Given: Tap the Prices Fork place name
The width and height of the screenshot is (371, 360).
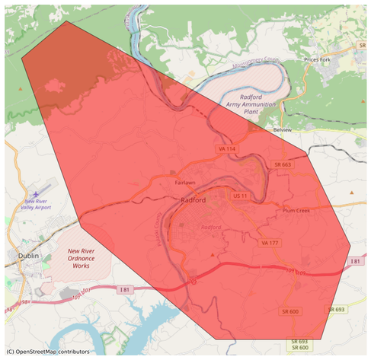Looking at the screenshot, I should pos(319,59).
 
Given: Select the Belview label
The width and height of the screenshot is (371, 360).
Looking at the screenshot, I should pos(283,130).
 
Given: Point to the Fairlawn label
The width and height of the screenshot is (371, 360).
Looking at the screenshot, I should pos(185,183).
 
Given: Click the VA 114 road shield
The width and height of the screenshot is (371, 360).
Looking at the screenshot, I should pos(225,148).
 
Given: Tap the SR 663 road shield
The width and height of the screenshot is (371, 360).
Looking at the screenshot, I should pos(281,164).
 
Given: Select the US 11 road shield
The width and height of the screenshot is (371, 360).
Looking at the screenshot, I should pos(241,196).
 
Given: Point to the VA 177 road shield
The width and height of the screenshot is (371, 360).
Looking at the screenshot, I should pos(270,242).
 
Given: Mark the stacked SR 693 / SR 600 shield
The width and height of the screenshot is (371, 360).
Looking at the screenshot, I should pos(299,344).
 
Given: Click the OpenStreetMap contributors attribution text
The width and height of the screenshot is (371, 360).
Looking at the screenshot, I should pos(47,352).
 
